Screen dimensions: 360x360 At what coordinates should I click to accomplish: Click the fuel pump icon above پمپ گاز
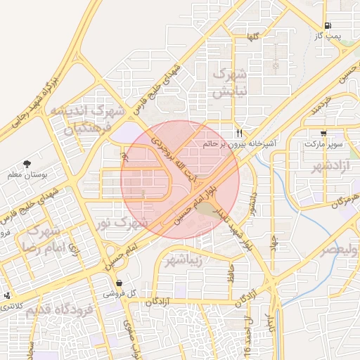(x=328, y=25)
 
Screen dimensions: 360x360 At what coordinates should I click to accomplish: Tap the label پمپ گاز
(x=327, y=35)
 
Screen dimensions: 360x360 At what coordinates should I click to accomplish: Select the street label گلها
(x=254, y=37)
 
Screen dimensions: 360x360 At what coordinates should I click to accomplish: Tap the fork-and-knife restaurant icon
(x=240, y=132)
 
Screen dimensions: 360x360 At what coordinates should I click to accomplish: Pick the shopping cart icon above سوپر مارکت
(x=323, y=133)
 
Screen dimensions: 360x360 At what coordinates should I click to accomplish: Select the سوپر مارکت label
(x=323, y=143)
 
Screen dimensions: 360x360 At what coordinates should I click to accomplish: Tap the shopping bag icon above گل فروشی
(x=120, y=282)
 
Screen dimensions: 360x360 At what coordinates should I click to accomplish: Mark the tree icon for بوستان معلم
(x=27, y=164)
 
